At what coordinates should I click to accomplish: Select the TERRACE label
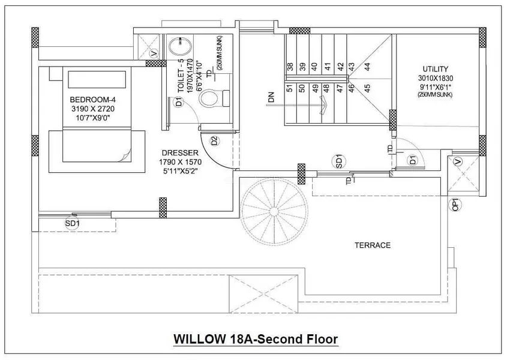point(372,245)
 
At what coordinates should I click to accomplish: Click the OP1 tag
point(455,205)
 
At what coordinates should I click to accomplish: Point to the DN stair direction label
point(271,97)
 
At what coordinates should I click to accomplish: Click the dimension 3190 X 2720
point(92,109)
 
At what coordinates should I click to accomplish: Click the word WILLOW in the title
point(197,340)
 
